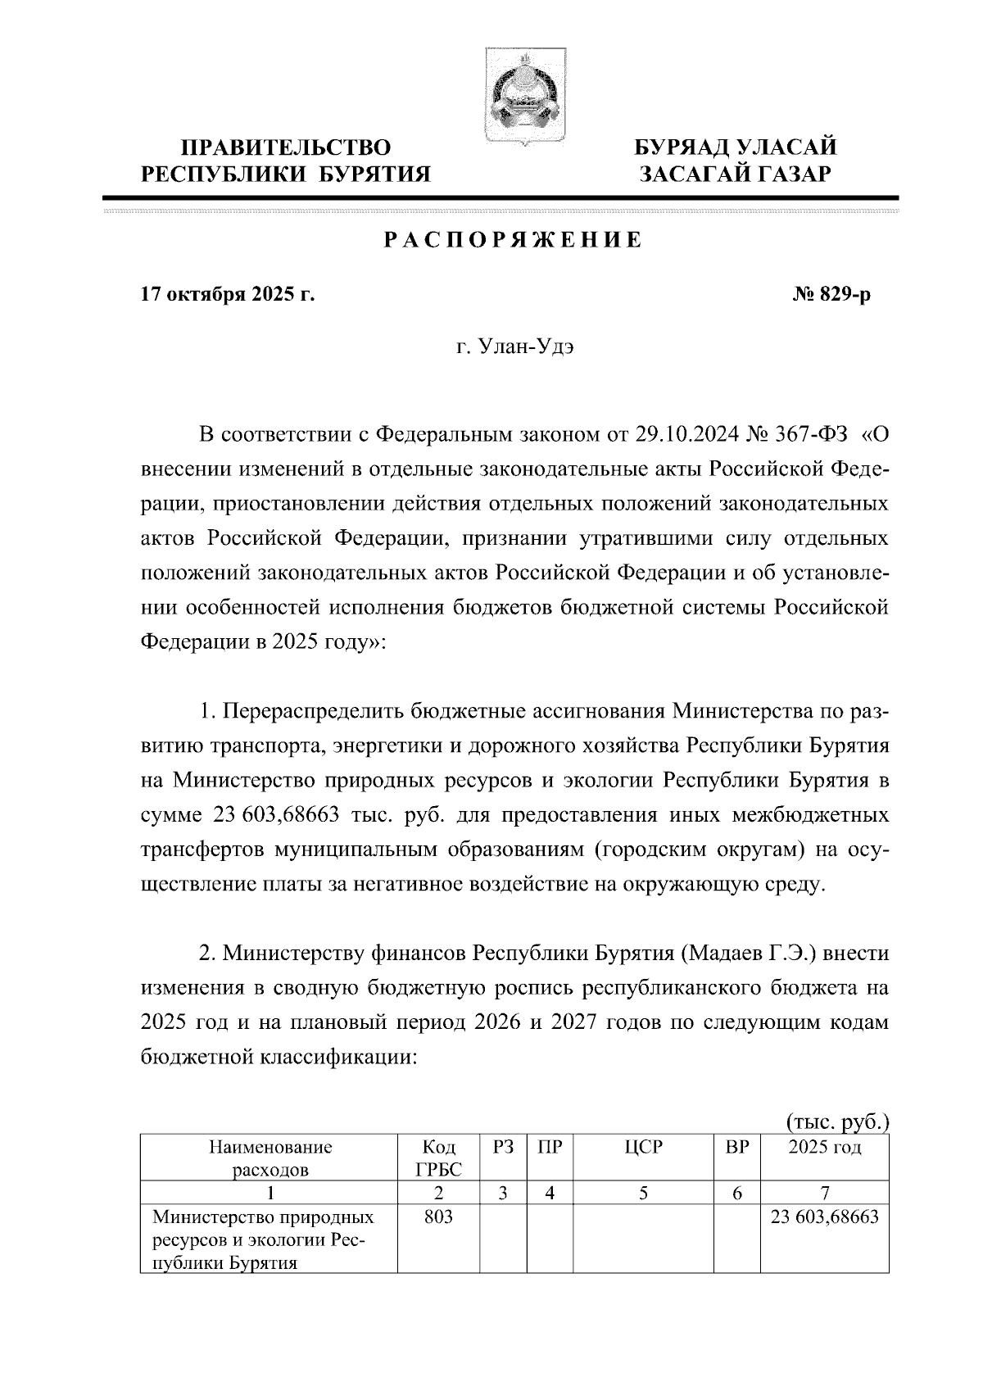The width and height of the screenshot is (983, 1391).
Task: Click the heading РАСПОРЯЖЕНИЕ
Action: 514,240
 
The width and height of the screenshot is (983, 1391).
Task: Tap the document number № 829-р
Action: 831,295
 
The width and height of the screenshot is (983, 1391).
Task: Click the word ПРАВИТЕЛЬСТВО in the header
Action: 286,147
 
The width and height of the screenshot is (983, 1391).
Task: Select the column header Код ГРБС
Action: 438,1158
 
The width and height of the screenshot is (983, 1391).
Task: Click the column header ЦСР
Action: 643,1147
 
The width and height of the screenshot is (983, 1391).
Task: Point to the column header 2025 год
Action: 824,1147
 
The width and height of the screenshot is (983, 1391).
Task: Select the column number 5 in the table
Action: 643,1194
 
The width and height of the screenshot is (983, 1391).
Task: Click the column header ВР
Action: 737,1147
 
